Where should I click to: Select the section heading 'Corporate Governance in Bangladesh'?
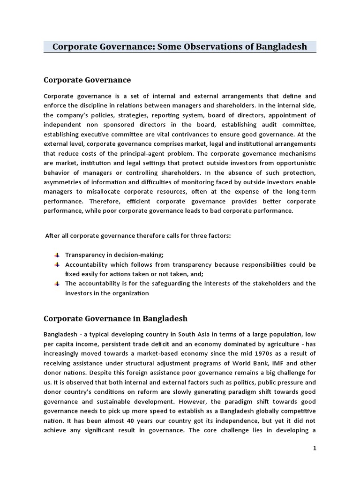coord(115,318)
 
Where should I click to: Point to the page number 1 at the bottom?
coord(315,448)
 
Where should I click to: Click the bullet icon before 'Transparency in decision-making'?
coord(57,255)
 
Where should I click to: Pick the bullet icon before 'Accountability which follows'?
coord(57,264)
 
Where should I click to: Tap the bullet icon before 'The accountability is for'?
coord(57,284)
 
